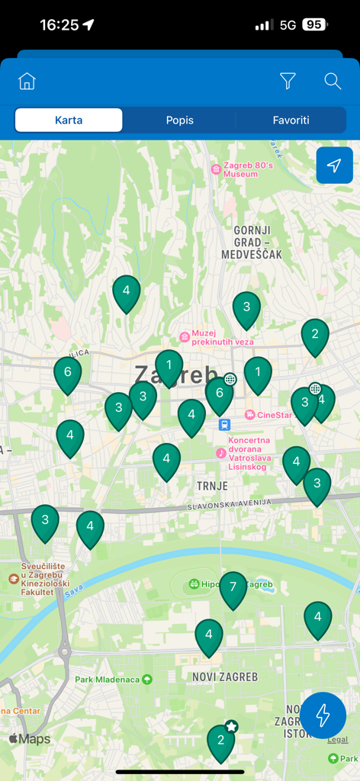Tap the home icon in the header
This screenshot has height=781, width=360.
(x=27, y=81)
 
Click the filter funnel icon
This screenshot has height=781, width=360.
(x=288, y=81)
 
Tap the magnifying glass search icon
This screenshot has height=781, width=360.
(x=333, y=81)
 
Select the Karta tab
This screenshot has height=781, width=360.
(x=69, y=120)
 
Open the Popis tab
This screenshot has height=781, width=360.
(x=180, y=120)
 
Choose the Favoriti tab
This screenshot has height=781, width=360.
(x=291, y=120)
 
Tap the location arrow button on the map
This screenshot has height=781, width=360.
(x=334, y=166)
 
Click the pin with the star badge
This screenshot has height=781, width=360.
(x=221, y=741)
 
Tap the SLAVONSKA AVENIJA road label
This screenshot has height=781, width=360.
(x=229, y=505)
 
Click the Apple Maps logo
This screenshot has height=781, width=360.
(x=30, y=739)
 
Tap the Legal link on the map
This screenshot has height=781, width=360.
(x=337, y=740)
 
